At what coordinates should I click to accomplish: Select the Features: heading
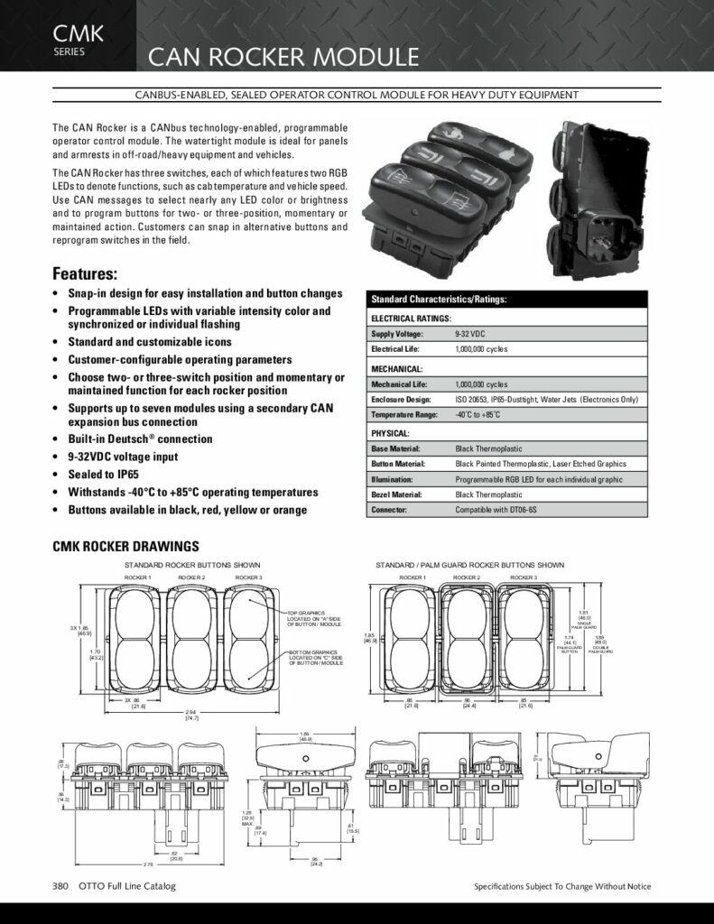point(86,273)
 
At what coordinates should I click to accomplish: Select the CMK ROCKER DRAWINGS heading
point(125,546)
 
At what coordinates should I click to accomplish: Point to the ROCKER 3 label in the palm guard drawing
point(523,577)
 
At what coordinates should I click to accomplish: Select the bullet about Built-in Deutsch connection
point(140,439)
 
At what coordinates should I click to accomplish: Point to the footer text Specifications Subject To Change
point(561,887)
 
